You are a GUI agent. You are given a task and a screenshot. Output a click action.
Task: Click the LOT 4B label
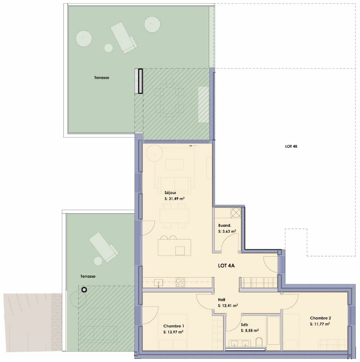click(291, 147)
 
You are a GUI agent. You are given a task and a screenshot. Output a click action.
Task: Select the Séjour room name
click(170, 192)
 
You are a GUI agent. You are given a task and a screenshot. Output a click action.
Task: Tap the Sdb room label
click(244, 325)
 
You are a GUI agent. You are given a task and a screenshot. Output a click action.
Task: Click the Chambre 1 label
click(173, 326)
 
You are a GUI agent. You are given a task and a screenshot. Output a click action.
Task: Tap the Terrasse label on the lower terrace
click(88, 276)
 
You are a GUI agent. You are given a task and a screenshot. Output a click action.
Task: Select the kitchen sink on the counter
click(159, 282)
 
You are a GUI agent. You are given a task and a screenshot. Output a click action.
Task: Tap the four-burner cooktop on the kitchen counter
click(181, 282)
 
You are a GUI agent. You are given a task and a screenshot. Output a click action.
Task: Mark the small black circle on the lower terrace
click(84, 290)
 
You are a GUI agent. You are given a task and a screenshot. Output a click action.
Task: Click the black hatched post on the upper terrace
click(140, 81)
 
